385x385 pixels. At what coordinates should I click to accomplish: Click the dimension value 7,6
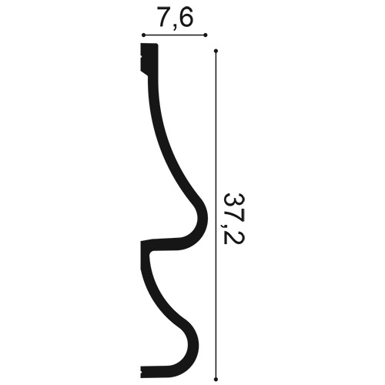click(x=176, y=18)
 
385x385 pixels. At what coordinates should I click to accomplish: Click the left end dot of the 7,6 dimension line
click(x=143, y=35)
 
